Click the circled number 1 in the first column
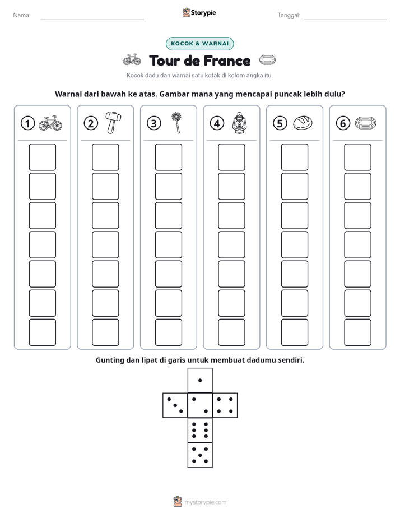click(27, 123)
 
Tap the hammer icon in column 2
click(113, 123)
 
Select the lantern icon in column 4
click(239, 123)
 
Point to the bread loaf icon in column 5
click(303, 123)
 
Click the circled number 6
click(343, 123)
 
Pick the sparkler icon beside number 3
click(177, 123)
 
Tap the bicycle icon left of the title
click(132, 60)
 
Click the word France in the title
click(227, 61)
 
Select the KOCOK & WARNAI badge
click(199, 44)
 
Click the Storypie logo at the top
click(199, 12)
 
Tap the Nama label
click(22, 15)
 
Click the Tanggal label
click(289, 15)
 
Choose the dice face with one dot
click(200, 380)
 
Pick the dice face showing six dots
click(200, 430)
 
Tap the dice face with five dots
click(200, 455)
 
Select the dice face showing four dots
click(225, 405)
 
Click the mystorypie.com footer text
click(205, 502)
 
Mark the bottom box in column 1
click(42, 332)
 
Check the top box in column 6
click(358, 157)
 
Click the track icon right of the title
click(267, 60)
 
